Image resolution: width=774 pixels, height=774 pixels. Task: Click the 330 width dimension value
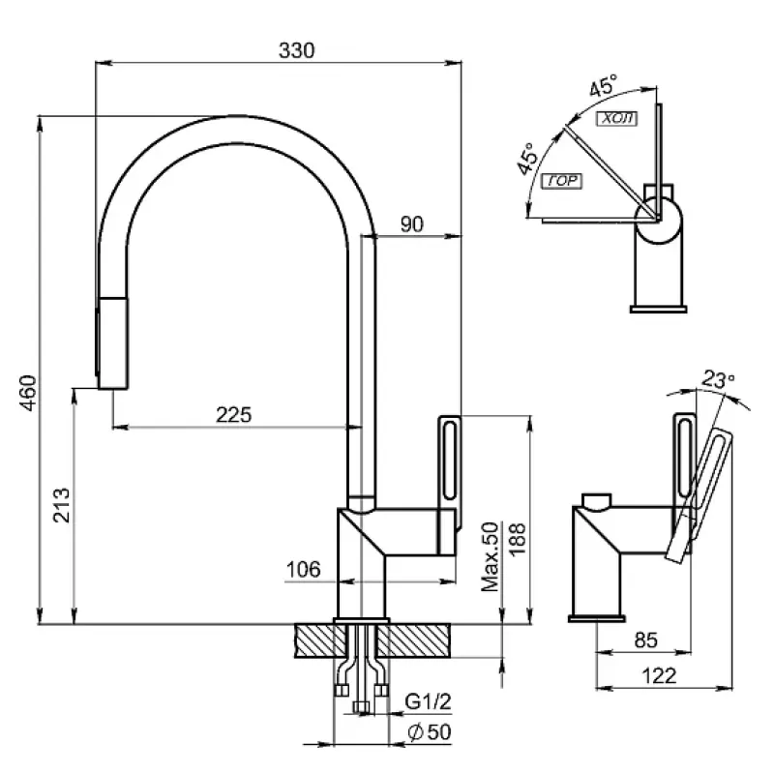297,51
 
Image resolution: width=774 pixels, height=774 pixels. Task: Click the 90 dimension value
411,224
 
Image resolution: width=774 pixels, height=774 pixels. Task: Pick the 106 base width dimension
303,571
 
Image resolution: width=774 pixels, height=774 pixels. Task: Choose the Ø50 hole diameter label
431,732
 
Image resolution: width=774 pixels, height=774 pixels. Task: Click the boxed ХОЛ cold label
614,120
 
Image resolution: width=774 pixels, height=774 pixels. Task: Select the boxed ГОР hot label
561,181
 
